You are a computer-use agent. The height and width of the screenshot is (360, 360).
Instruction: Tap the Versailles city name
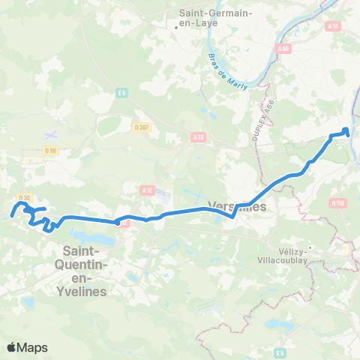235,206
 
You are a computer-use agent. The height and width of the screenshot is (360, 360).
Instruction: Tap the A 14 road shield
334,46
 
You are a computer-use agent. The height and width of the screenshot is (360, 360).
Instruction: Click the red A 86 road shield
283,49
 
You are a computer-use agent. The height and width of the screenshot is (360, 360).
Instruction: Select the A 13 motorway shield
198,137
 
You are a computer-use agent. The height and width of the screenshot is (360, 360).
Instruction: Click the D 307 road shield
141,127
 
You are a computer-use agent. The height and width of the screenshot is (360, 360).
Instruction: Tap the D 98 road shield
51,151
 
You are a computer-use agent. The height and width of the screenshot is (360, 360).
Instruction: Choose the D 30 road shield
24,197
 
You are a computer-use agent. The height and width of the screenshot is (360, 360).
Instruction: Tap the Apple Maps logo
27,347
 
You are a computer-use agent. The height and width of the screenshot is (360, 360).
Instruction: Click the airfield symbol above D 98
50,134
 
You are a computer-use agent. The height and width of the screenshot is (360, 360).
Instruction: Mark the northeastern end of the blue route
346,130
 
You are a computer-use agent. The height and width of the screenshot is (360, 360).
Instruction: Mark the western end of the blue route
10,216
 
